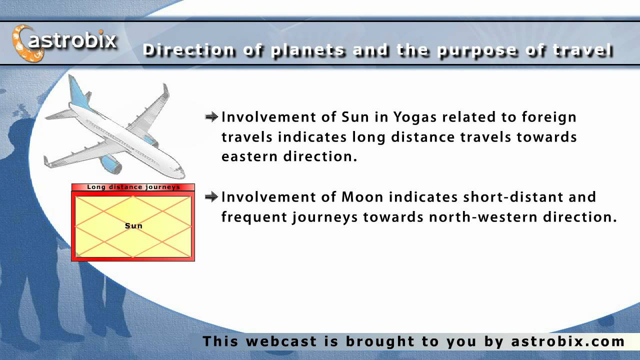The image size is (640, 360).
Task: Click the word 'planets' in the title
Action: pyautogui.click(x=308, y=50)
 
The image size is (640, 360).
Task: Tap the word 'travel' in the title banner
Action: pyautogui.click(x=583, y=50)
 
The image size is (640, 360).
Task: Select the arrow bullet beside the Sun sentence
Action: pyautogui.click(x=211, y=117)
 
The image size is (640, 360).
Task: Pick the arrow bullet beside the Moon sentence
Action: pyautogui.click(x=211, y=197)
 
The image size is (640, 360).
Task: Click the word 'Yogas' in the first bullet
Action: pyautogui.click(x=415, y=117)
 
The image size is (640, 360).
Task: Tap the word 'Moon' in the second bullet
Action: pyautogui.click(x=362, y=197)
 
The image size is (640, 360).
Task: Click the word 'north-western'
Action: pyautogui.click(x=483, y=217)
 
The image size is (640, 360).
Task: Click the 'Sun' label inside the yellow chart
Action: pyautogui.click(x=133, y=225)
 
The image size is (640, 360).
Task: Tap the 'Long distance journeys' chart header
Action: pyautogui.click(x=133, y=187)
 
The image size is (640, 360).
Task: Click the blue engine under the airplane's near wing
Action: pyautogui.click(x=110, y=164)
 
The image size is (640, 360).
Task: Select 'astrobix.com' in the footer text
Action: pyautogui.click(x=567, y=341)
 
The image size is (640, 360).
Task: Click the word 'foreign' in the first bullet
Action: pyautogui.click(x=549, y=117)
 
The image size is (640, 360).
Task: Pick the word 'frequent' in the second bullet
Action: pyautogui.click(x=254, y=217)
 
